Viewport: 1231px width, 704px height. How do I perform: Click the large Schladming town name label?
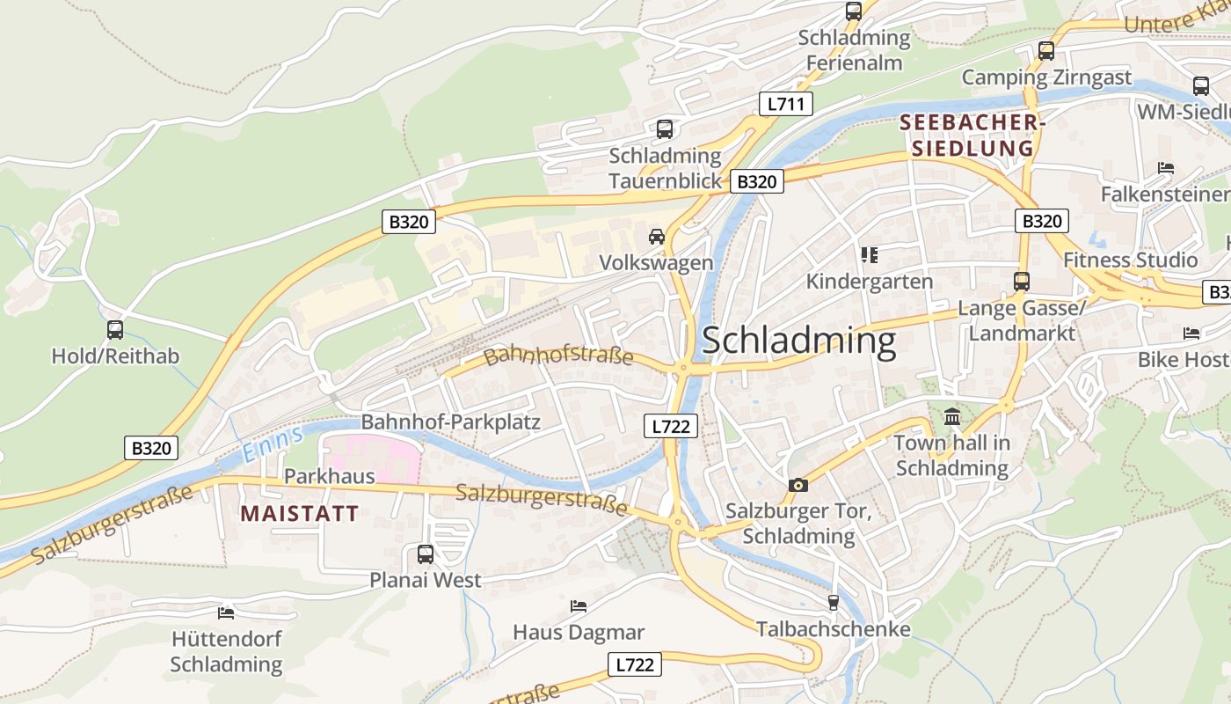798,341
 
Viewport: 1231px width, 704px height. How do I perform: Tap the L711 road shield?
785,104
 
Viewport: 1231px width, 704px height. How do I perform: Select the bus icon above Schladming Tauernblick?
665,129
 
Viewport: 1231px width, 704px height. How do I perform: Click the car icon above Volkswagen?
656,236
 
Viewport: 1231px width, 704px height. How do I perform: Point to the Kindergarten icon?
870,255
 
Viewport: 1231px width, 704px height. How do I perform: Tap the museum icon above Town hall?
952,416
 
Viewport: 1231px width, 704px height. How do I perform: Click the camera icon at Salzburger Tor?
798,485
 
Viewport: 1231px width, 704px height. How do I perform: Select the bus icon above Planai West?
426,554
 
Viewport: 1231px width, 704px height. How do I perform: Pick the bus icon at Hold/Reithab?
115,330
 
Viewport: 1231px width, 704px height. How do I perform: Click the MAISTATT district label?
299,514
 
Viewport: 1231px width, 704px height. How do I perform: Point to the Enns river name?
273,443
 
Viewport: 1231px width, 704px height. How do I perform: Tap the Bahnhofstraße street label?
558,356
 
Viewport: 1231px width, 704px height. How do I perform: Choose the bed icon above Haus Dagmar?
579,605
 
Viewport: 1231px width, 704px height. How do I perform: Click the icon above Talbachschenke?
833,603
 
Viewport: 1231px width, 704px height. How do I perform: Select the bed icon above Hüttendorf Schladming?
226,612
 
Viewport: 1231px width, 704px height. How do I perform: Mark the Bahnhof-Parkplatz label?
450,422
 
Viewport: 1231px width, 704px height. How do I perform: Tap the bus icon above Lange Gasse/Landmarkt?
1021,282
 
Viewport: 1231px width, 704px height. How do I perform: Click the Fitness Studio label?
1130,260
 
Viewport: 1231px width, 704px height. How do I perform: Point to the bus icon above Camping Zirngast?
1045,51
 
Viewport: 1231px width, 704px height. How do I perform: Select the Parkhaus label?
330,476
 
